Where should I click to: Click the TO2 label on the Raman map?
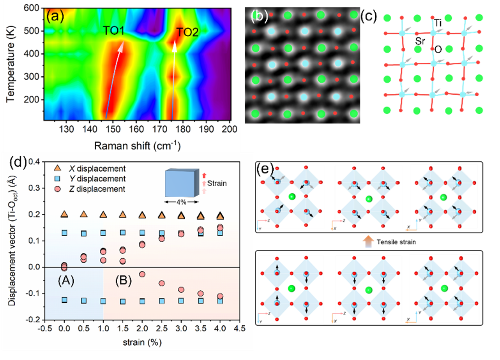point(187,32)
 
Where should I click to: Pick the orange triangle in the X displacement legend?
point(58,168)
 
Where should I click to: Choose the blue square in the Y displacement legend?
point(58,179)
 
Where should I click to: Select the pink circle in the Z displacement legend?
point(58,189)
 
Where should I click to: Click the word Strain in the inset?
point(216,182)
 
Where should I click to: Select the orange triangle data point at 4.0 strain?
point(220,216)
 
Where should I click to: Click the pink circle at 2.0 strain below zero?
point(142,274)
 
